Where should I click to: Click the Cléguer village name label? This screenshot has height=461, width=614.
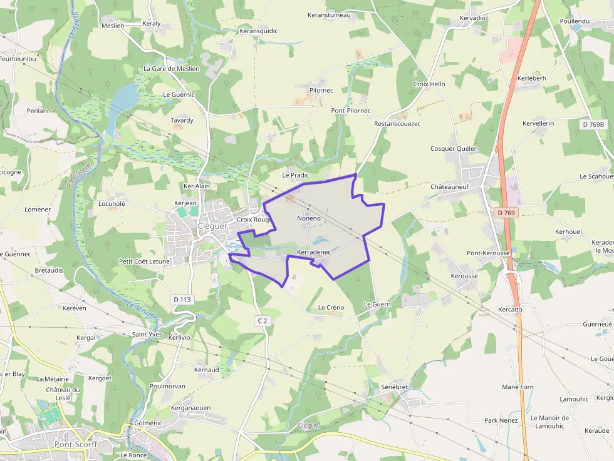[x=212, y=226]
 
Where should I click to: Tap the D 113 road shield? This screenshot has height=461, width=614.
[x=181, y=300]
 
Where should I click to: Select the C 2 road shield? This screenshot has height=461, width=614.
[x=263, y=321]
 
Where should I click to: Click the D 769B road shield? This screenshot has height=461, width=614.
[x=593, y=124]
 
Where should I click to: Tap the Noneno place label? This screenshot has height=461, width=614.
[x=309, y=218]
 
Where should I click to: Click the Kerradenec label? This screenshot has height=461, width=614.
[x=313, y=251]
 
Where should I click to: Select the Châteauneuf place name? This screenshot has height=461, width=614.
[x=454, y=187]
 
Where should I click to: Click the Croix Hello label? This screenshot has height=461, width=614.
[x=429, y=84]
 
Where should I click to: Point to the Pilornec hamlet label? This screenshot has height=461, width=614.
[x=321, y=91]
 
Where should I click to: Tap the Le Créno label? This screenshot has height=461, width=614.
[x=331, y=308]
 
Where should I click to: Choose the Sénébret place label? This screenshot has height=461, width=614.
[x=395, y=387]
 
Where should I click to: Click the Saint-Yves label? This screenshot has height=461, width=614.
[x=147, y=335]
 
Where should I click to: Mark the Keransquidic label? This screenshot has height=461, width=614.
[x=259, y=31]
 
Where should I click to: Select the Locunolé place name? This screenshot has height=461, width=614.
[x=112, y=203]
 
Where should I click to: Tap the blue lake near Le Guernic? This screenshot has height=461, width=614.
[x=125, y=97]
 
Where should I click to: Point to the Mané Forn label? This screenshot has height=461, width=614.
[x=518, y=387]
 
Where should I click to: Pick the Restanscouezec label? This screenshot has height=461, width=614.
[x=397, y=124]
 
